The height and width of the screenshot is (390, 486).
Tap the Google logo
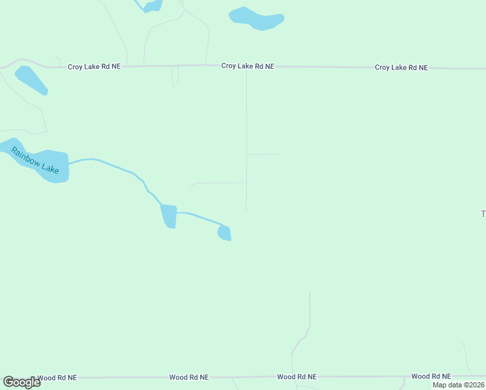tap(21, 382)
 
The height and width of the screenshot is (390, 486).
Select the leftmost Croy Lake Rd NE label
tap(94, 66)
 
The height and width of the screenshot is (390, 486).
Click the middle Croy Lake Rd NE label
tap(248, 66)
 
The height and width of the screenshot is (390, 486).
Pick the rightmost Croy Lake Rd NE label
tap(401, 67)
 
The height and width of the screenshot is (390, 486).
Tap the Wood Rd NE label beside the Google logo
tap(57, 377)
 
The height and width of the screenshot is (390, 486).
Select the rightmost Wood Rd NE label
tap(431, 376)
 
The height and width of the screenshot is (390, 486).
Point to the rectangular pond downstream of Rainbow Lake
tap(169, 216)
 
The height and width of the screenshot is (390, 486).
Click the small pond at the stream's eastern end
tap(224, 233)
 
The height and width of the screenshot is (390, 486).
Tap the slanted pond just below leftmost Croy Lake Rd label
tap(31, 80)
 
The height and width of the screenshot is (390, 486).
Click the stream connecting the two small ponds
tap(198, 216)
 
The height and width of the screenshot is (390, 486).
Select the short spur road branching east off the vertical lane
tap(262, 155)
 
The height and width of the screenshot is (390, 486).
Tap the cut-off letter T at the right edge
tap(483, 214)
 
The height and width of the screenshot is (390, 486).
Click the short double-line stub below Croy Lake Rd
tap(175, 76)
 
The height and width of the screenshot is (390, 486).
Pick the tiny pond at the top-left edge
tap(153, 6)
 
